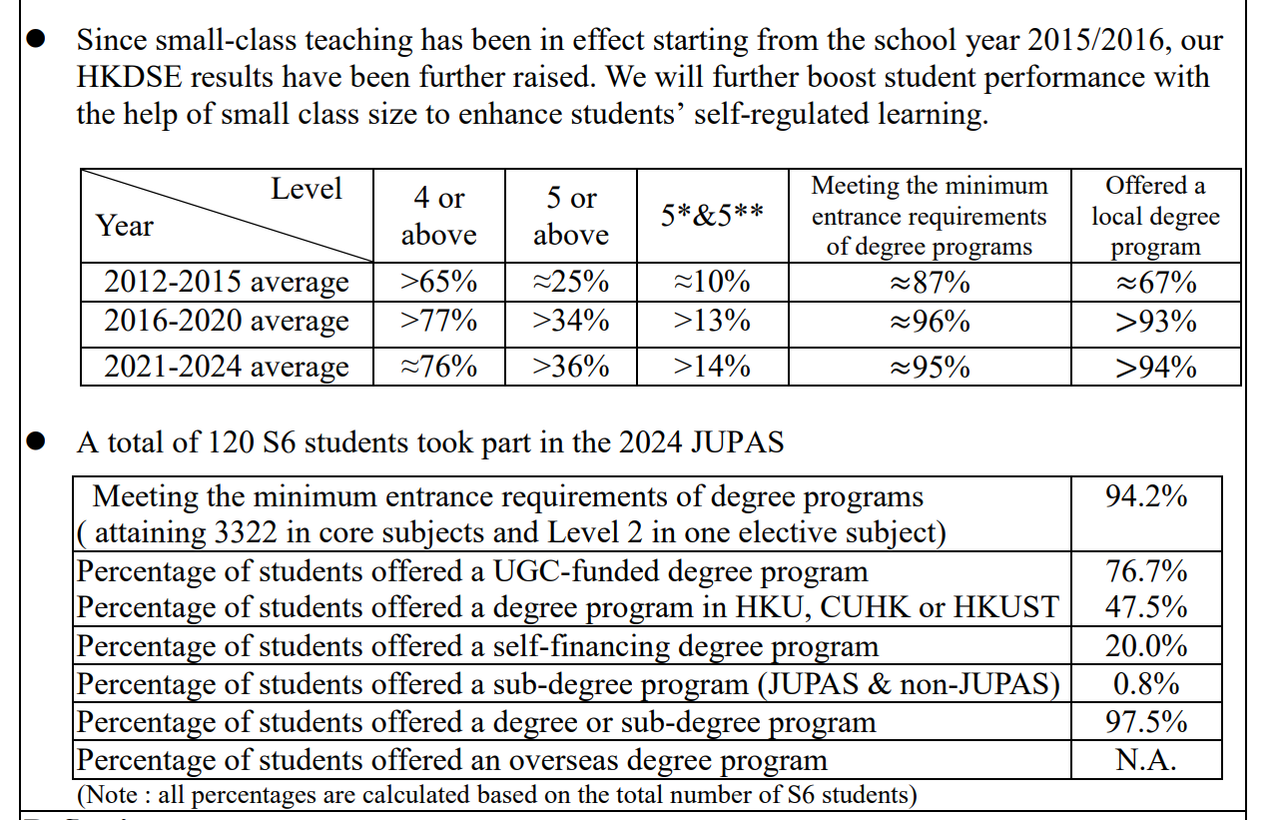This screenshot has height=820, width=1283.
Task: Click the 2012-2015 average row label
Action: point(227,283)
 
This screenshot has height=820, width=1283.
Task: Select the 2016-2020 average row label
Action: point(227,322)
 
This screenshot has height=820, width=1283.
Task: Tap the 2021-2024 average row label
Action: point(227,368)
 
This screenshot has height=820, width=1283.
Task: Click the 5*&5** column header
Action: point(712,216)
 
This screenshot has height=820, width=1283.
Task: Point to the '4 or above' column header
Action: point(438,216)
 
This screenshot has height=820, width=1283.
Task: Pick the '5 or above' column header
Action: point(571,216)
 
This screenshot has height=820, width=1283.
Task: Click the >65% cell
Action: point(438,283)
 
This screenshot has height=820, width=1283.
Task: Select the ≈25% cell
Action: point(571,283)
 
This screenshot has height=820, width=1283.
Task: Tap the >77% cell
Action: point(438,322)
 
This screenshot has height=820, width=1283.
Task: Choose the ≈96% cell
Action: point(929,322)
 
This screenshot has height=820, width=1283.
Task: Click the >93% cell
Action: point(1155,322)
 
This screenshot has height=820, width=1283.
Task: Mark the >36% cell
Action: point(571,368)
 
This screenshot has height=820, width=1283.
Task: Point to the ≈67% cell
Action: point(1155,283)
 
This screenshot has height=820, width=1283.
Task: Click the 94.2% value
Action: point(1146,496)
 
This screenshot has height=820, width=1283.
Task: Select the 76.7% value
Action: point(1146,571)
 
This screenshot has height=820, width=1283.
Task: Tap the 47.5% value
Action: point(1146,607)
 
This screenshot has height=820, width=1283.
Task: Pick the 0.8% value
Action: point(1146,684)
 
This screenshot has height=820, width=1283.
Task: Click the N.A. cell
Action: point(1146,760)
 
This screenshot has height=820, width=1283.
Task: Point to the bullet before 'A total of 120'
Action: point(36,441)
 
